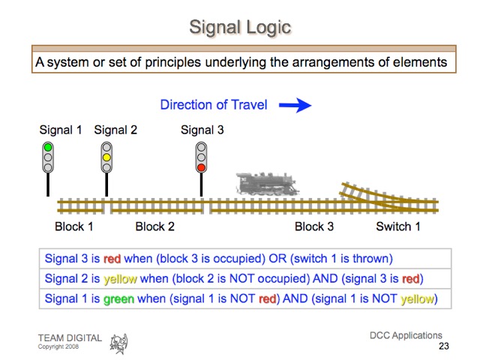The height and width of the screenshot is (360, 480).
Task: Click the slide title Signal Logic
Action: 239,28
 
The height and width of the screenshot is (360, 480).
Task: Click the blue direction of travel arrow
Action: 295,105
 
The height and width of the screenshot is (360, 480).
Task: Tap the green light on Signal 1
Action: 48,148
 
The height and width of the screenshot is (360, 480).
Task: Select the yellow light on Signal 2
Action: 106,157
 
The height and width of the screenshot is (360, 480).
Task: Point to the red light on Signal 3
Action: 201,167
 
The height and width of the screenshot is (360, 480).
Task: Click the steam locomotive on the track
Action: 266,184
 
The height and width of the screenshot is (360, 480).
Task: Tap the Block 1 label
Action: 74,226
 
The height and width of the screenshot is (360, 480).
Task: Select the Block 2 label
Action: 154,226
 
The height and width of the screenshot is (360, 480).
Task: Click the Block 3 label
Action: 314,226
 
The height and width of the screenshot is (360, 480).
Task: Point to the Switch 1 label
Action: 398,226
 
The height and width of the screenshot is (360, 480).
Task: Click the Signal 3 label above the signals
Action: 202,130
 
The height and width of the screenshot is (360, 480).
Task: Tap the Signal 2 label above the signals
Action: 115,130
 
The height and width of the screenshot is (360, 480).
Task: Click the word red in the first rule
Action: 112,259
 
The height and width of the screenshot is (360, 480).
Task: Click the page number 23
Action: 443,346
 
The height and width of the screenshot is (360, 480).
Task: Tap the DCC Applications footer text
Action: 406,335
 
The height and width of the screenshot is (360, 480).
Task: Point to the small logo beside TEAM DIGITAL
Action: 118,343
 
